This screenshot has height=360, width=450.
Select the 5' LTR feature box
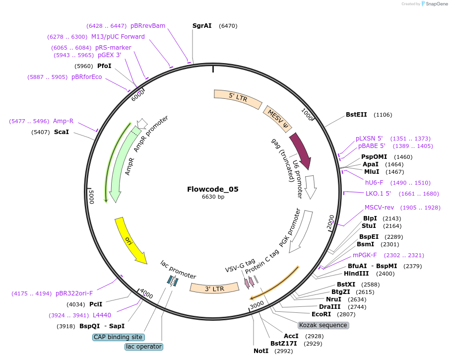coord(238,98)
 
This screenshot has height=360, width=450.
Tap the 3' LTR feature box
coord(214,288)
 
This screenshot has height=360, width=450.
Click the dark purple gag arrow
coord(301,150)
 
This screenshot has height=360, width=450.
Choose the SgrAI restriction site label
coord(202,25)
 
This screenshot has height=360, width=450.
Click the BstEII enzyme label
coord(356,115)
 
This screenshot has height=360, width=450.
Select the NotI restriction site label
coord(261,351)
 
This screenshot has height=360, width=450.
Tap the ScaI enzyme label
coord(62,132)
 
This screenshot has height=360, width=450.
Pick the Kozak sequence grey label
coord(323,325)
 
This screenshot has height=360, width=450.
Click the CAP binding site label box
coord(118,337)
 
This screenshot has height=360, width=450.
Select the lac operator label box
coord(144,347)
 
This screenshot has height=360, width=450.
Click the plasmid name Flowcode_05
coord(213,189)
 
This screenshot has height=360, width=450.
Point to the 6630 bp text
coord(213,197)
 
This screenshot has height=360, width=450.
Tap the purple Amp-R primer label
coord(63,121)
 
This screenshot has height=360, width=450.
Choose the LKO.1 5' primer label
coord(378,193)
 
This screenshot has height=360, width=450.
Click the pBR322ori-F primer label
coord(74,293)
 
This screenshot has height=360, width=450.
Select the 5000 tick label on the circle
coord(91,197)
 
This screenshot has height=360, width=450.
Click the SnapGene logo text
coord(437,4)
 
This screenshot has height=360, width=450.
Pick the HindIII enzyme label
coord(356,274)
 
